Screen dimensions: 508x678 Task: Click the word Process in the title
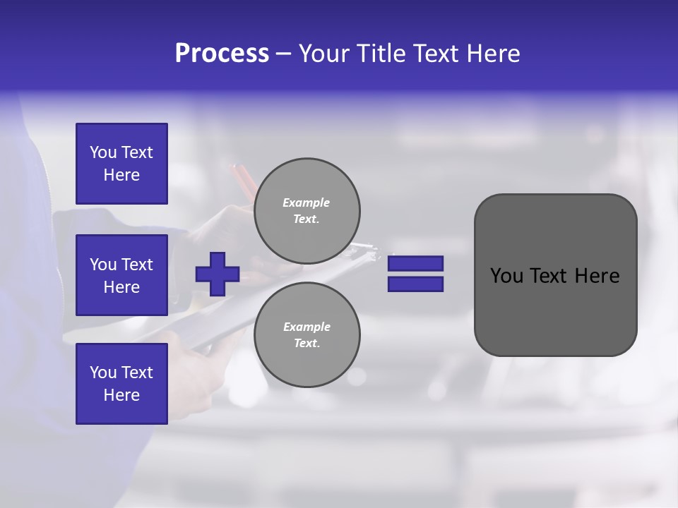[222, 54]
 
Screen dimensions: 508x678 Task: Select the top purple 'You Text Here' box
[121, 164]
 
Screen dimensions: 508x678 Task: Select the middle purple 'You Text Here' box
[121, 275]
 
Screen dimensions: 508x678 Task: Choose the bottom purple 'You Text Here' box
[121, 383]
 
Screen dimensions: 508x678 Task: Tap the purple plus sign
[218, 274]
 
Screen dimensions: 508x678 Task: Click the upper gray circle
[307, 211]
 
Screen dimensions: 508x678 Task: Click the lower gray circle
[307, 335]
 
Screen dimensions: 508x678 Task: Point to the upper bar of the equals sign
[415, 263]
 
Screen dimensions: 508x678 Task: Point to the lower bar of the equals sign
[415, 284]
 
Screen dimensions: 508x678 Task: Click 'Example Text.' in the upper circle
[307, 211]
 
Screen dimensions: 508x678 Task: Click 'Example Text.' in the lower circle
[307, 335]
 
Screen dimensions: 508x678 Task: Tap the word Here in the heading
[493, 54]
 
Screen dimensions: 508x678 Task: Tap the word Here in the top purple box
[121, 175]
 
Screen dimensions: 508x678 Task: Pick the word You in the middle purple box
[103, 265]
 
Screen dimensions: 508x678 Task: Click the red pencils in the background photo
[244, 181]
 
